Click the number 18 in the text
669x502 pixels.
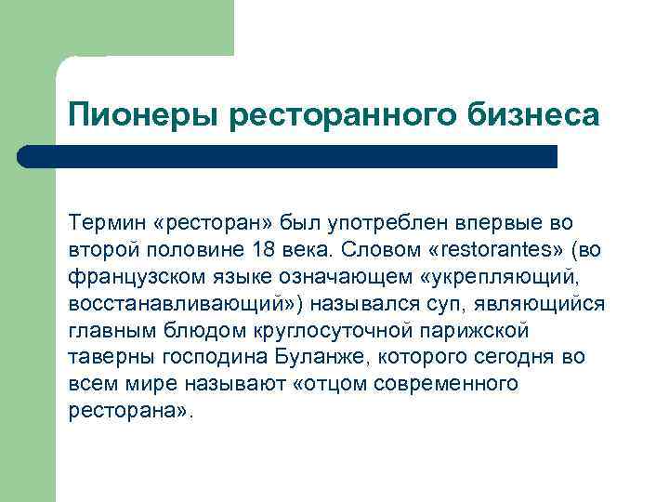click(x=262, y=250)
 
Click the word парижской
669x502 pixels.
click(x=483, y=331)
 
